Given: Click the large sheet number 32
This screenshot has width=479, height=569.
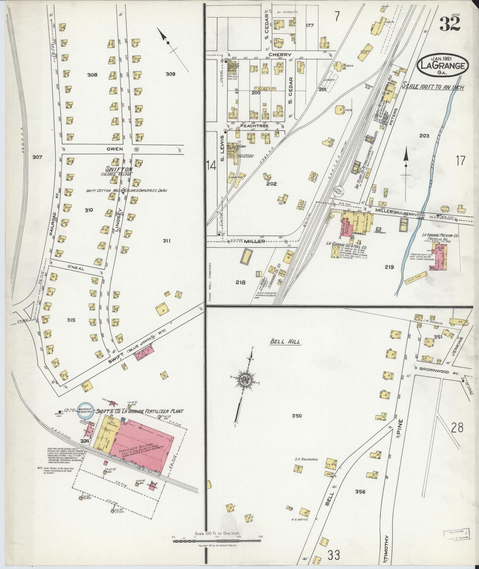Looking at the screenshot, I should click(450, 24).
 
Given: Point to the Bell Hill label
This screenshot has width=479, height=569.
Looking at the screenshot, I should click(285, 341).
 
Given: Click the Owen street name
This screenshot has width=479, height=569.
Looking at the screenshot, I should click(115, 149).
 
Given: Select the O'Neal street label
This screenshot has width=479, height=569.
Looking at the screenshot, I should click(76, 268).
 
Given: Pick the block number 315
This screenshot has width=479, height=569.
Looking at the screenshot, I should click(71, 320).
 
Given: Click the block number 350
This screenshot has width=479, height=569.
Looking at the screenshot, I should click(296, 416).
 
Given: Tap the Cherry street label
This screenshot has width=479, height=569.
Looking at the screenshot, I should click(280, 55).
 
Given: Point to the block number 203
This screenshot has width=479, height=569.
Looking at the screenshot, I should click(424, 136).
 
